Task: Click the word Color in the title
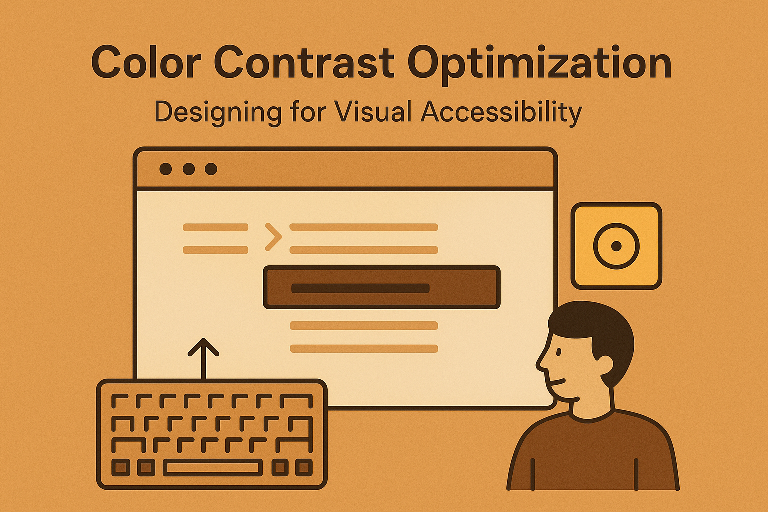pyautogui.click(x=146, y=63)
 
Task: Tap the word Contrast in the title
pyautogui.click(x=304, y=63)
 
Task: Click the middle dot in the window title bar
pyautogui.click(x=189, y=169)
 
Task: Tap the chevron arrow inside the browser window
pyautogui.click(x=273, y=236)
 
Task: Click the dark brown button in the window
pyautogui.click(x=381, y=287)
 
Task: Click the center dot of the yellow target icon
pyautogui.click(x=616, y=246)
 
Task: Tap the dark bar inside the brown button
pyautogui.click(x=360, y=288)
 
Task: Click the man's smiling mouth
pyautogui.click(x=558, y=383)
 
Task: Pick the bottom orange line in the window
pyautogui.click(x=364, y=349)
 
